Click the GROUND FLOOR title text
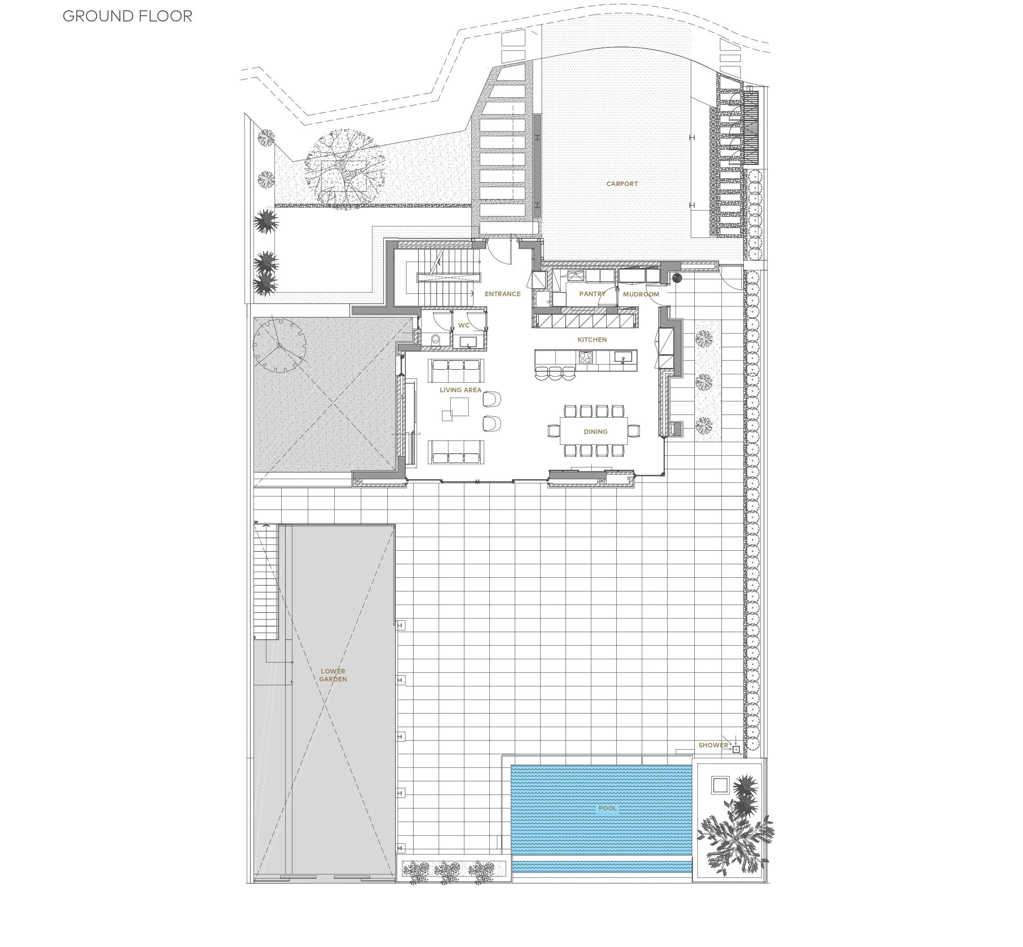pyautogui.click(x=127, y=16)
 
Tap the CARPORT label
pyautogui.click(x=622, y=184)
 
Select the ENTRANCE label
pyautogui.click(x=503, y=294)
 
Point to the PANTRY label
pyautogui.click(x=592, y=294)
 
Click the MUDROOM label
pyautogui.click(x=641, y=294)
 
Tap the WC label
pyautogui.click(x=463, y=325)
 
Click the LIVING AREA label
pyautogui.click(x=461, y=389)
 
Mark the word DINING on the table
pyautogui.click(x=595, y=431)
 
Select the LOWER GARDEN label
pyautogui.click(x=333, y=675)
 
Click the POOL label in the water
pyautogui.click(x=607, y=808)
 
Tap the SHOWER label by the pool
pyautogui.click(x=713, y=745)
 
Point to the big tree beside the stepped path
pyautogui.click(x=344, y=167)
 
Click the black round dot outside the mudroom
pyautogui.click(x=677, y=278)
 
